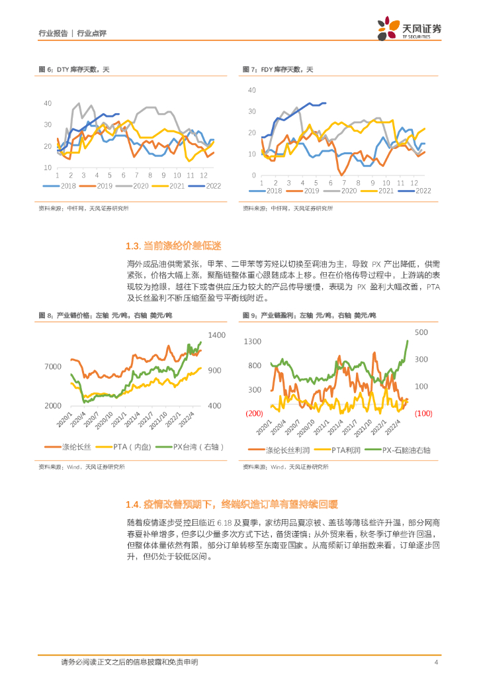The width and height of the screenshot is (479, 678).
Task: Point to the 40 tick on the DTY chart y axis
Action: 48,103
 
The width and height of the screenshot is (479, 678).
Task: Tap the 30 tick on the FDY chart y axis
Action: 252,112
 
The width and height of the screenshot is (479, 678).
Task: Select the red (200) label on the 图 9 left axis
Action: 254,413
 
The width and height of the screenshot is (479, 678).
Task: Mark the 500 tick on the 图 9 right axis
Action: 421,332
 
